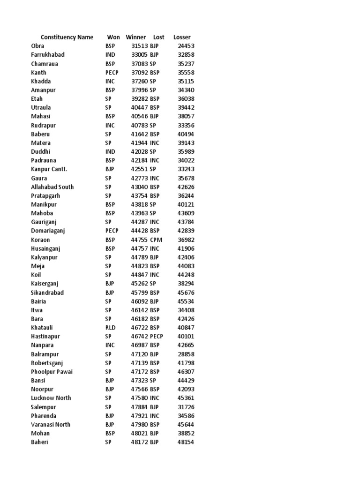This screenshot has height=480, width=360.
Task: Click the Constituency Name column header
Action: [x=67, y=37]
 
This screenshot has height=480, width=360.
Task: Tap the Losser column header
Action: [x=182, y=37]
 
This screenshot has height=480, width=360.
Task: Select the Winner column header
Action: [x=136, y=37]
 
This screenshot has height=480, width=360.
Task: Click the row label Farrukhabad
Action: [x=48, y=55]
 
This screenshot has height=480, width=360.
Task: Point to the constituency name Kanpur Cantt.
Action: [x=49, y=169]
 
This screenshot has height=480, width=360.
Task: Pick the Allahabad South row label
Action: [x=52, y=187]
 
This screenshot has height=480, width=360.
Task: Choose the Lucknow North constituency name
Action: [x=51, y=398]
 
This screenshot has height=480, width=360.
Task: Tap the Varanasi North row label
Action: [x=51, y=425]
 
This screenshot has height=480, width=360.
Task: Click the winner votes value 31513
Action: [x=140, y=46]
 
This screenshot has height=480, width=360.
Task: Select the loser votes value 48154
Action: [x=186, y=442]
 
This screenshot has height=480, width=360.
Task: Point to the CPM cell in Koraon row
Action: [x=157, y=240]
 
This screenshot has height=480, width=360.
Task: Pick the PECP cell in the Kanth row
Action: [x=112, y=73]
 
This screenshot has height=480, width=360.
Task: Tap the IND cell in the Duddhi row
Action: [x=110, y=152]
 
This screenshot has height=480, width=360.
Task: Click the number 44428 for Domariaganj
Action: [x=140, y=231]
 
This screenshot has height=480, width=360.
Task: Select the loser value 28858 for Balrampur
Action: [x=186, y=354]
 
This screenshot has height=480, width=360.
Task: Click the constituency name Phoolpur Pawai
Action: [x=52, y=372]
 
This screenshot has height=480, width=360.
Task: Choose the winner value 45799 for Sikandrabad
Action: [x=140, y=292]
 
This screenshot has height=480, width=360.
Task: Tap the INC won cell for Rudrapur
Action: [x=110, y=126]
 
